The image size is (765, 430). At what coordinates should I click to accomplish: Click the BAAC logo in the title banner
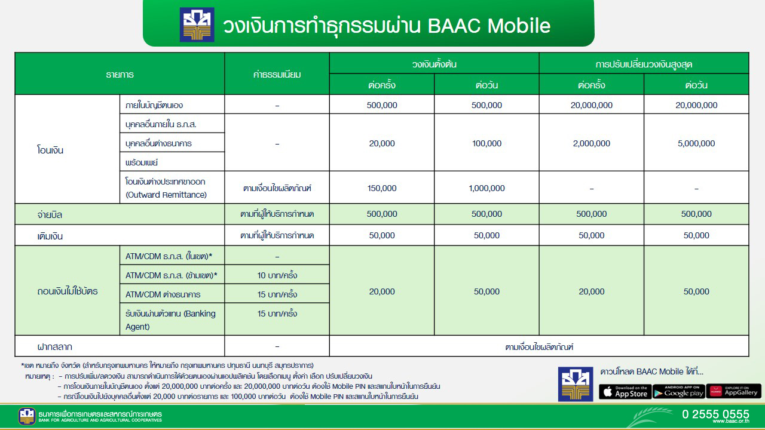(197, 24)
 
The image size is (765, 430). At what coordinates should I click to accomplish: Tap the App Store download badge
(625, 392)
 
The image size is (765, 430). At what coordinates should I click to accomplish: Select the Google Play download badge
(678, 392)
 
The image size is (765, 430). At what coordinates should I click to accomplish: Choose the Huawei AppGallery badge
(733, 392)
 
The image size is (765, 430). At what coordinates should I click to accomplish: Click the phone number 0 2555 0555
(715, 414)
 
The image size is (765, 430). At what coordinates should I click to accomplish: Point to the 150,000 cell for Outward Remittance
(381, 188)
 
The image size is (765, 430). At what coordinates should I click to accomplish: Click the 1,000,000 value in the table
(486, 188)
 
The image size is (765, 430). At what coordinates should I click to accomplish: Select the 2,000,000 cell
(592, 143)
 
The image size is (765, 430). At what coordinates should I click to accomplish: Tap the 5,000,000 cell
(696, 143)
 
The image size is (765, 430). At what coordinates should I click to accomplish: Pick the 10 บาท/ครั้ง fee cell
(277, 275)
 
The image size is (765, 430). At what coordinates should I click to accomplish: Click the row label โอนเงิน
(50, 150)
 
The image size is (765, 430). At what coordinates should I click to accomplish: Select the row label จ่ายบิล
(50, 214)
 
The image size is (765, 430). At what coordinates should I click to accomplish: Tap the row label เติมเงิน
(50, 236)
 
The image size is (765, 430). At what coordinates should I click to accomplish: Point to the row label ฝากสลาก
(54, 346)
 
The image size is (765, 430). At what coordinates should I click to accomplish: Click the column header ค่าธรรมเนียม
(277, 75)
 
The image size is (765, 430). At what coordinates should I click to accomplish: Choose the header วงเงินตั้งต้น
(434, 63)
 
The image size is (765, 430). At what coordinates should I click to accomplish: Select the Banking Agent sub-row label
(170, 320)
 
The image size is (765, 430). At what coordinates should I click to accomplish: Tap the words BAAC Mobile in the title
(489, 26)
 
